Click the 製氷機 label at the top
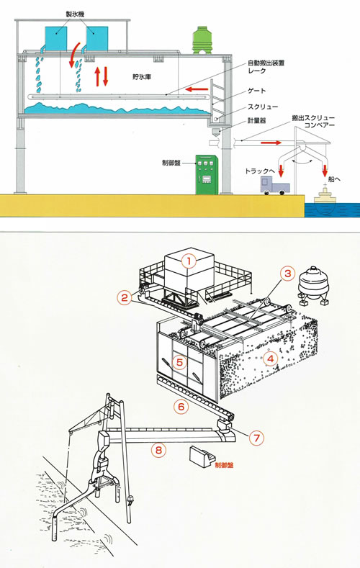[x=76, y=14]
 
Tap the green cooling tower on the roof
[x=202, y=40]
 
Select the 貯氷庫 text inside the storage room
[x=142, y=77]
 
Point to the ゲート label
[x=256, y=91]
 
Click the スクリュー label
[x=263, y=107]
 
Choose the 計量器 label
[x=257, y=121]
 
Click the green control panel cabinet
[x=207, y=175]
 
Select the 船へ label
[x=334, y=179]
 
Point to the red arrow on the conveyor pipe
[x=271, y=143]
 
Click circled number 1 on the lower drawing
[x=189, y=261]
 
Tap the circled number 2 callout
[x=125, y=297]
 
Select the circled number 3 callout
[x=287, y=273]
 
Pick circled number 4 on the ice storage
[x=271, y=359]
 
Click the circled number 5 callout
[x=180, y=361]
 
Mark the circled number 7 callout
[x=257, y=438]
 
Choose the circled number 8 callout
[x=158, y=450]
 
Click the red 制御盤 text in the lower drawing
[x=224, y=465]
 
